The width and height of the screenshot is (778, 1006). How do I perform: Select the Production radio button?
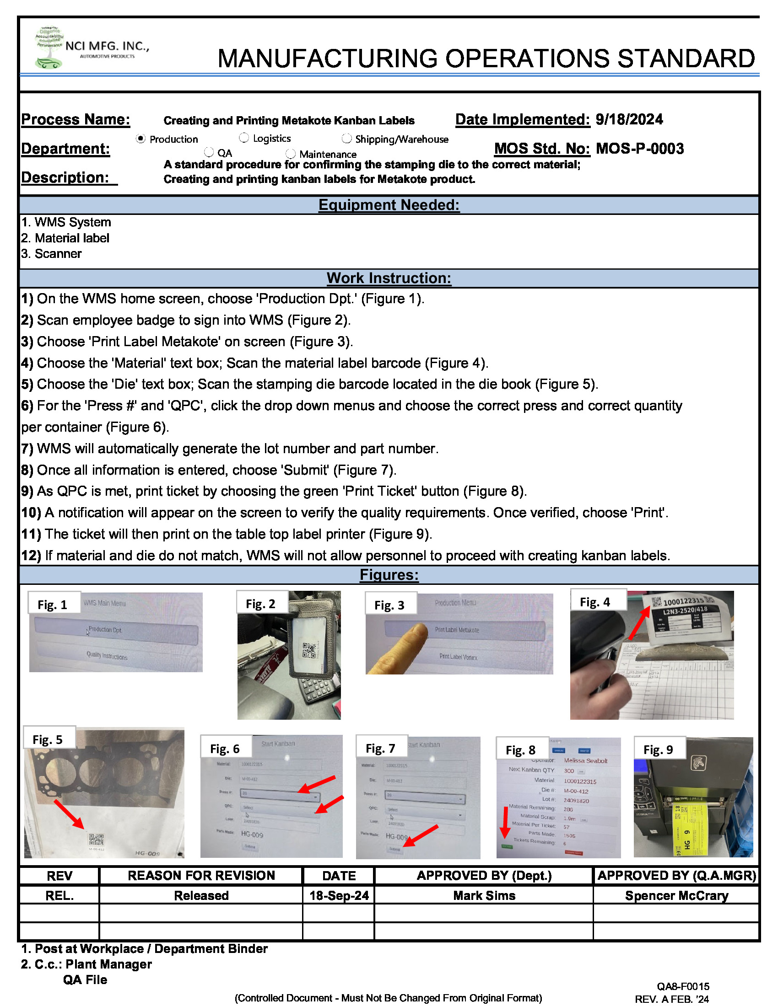click(141, 139)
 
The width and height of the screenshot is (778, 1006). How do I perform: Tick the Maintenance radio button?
click(290, 154)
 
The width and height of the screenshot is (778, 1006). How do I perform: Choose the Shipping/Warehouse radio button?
click(346, 139)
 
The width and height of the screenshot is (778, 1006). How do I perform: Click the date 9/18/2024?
click(629, 120)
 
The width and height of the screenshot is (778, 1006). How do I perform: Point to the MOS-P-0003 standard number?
click(639, 149)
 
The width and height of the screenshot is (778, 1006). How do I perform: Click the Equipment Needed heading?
click(389, 205)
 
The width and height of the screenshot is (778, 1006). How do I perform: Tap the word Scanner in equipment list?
click(58, 254)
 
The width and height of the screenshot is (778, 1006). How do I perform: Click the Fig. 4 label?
click(594, 602)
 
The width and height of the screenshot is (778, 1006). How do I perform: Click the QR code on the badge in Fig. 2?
click(308, 650)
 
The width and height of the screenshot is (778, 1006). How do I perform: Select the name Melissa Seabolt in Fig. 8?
click(585, 760)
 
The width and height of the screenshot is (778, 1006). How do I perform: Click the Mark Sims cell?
click(483, 895)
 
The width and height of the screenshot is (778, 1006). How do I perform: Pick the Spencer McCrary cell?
click(676, 895)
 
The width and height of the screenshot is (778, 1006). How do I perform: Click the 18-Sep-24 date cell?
click(339, 895)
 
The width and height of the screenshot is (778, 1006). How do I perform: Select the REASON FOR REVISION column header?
click(201, 875)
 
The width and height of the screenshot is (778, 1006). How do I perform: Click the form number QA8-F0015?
click(683, 986)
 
